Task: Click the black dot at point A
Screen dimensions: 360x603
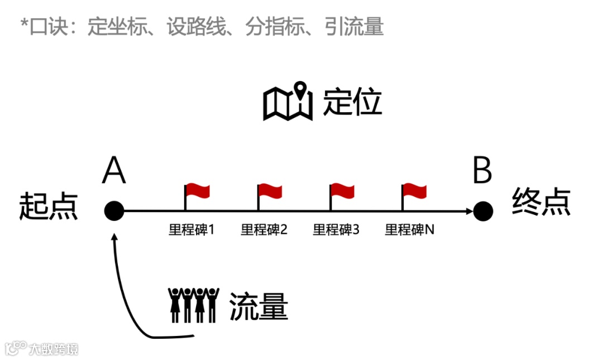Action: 114,211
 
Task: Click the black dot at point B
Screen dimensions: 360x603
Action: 483,211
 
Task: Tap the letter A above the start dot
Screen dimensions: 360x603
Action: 114,170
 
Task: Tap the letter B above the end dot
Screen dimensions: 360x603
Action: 482,170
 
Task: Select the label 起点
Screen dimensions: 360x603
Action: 49,206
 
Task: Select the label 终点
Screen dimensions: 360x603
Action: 541,202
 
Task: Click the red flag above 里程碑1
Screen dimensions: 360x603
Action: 197,191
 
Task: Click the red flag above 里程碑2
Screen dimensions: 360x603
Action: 270,191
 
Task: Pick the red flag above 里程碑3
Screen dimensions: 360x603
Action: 342,191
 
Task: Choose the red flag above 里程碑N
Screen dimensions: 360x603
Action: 414,191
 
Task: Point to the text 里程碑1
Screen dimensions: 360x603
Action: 192,230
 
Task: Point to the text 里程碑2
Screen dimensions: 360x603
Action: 264,230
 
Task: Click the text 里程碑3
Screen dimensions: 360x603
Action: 336,230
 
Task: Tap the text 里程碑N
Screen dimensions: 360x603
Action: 410,230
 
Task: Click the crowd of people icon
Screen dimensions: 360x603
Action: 193,305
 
